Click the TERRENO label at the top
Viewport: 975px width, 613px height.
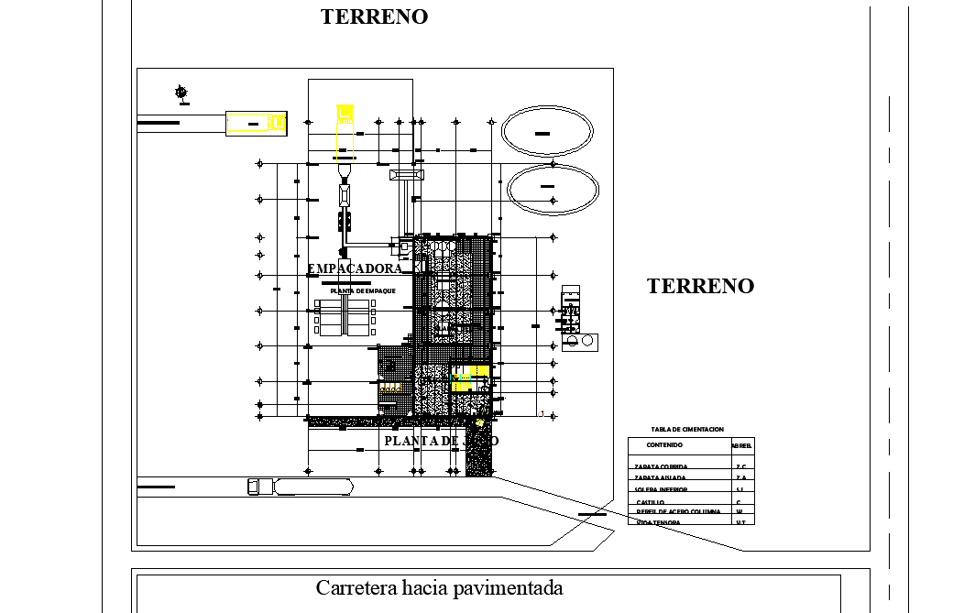click(374, 16)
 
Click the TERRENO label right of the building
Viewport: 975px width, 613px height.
click(700, 286)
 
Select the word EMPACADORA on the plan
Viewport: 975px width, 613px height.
click(355, 268)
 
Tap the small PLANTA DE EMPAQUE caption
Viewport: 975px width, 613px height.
click(363, 290)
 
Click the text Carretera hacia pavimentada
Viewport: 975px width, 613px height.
click(439, 587)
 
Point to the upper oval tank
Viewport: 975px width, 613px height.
click(549, 132)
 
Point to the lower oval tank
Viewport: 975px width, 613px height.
click(553, 189)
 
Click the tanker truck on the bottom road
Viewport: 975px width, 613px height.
click(301, 487)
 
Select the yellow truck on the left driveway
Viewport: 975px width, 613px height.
click(257, 123)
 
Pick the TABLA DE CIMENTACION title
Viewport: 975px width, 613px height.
click(687, 429)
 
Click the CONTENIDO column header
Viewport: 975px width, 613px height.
click(664, 445)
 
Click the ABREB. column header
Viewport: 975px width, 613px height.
click(741, 445)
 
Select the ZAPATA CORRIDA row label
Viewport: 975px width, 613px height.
click(661, 466)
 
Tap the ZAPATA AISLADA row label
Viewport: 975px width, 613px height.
click(660, 477)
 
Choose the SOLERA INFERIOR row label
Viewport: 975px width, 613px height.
click(661, 489)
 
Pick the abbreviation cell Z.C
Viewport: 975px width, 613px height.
click(740, 466)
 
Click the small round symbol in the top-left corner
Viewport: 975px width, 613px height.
click(181, 92)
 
